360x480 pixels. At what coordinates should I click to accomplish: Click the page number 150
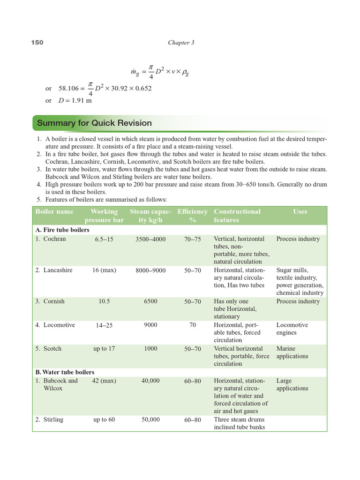[x=37, y=43]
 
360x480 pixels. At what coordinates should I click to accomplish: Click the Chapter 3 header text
[x=181, y=43]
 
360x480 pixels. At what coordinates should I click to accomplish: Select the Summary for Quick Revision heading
[x=94, y=123]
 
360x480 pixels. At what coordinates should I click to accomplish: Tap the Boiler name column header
[x=54, y=211]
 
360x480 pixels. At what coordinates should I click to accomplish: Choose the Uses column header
[x=300, y=211]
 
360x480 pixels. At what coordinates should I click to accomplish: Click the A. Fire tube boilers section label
[x=62, y=230]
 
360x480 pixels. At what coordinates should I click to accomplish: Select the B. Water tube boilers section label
[x=65, y=372]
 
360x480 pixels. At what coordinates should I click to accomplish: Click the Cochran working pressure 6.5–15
[x=104, y=239]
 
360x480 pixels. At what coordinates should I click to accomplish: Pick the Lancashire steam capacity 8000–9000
[x=150, y=270]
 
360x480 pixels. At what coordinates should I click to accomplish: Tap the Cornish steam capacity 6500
[x=150, y=302]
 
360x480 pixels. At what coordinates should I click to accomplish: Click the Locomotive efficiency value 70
[x=192, y=325]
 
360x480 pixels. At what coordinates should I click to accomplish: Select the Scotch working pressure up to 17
[x=104, y=349]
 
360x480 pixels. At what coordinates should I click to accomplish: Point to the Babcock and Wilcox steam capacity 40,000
[x=150, y=381]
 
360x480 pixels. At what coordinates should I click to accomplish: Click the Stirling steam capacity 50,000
[x=150, y=420]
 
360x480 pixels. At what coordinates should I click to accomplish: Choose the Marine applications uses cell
[x=292, y=352]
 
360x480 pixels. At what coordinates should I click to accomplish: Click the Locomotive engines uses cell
[x=292, y=329]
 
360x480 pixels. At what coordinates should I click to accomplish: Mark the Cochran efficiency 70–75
[x=192, y=239]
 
